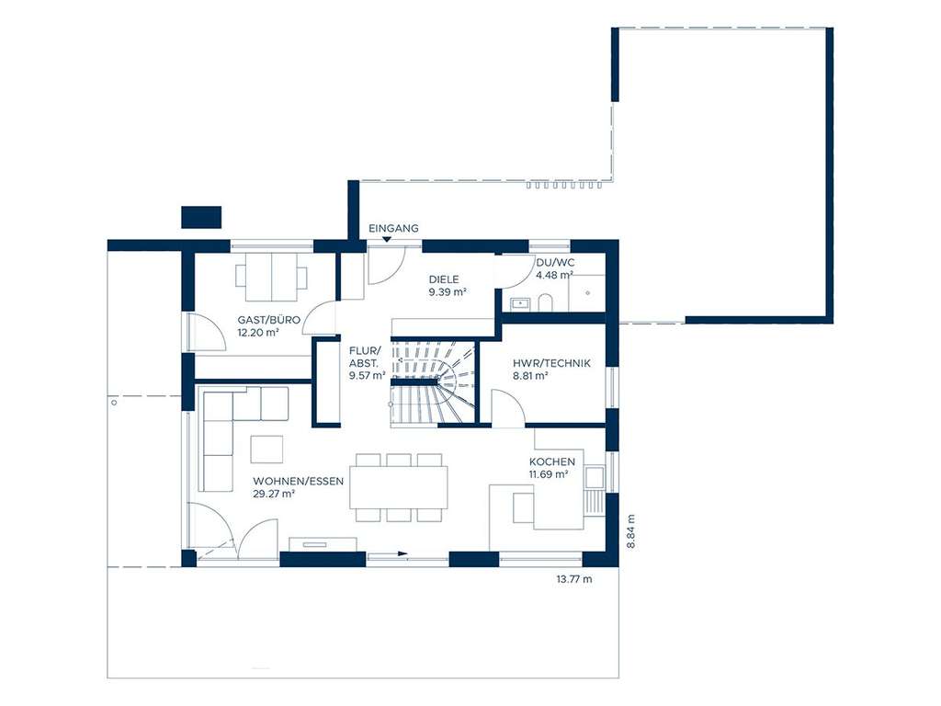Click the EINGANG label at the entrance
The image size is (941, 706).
pyautogui.click(x=393, y=227)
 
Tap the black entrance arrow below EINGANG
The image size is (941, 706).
pyautogui.click(x=387, y=241)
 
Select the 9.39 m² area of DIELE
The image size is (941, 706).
pyautogui.click(x=448, y=292)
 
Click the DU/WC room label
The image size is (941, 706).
pyautogui.click(x=555, y=262)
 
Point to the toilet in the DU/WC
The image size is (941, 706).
pyautogui.click(x=545, y=302)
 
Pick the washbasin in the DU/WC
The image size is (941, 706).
pyautogui.click(x=520, y=302)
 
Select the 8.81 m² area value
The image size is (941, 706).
pyautogui.click(x=530, y=375)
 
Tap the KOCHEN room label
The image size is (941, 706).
pyautogui.click(x=551, y=461)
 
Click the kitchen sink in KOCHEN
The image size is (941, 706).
pyautogui.click(x=595, y=478)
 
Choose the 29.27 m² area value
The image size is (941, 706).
pyautogui.click(x=274, y=494)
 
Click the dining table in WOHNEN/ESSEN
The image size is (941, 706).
pyautogui.click(x=400, y=486)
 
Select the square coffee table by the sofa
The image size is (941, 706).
pyautogui.click(x=267, y=448)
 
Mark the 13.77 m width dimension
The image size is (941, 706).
pyautogui.click(x=573, y=579)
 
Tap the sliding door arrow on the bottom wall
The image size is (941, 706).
pyautogui.click(x=402, y=553)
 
